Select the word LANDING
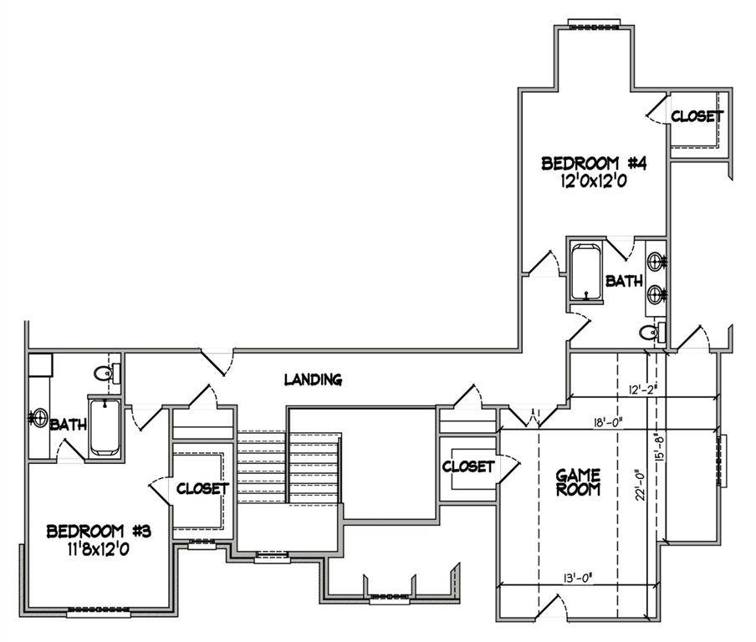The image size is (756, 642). coord(313,380)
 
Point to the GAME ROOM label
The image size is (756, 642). coord(579,482)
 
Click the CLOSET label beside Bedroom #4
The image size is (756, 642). coord(696,116)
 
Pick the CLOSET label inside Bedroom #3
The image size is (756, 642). coord(202,487)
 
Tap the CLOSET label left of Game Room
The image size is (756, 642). coord(468,466)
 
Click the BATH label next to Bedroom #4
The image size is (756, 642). coord(624,282)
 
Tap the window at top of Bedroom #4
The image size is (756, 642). coord(593,23)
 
